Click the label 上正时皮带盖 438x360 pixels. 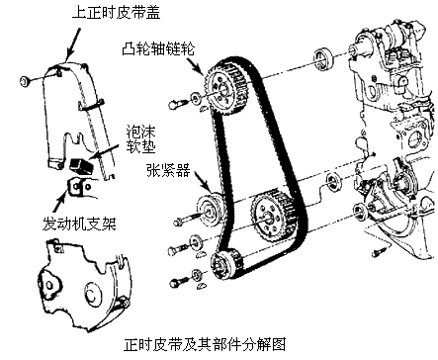(116, 13)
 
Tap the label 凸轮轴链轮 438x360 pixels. (158, 48)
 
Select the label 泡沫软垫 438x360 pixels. (140, 139)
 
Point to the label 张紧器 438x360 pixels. (168, 170)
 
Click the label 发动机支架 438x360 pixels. (80, 224)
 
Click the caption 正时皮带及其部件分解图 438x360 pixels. (205, 344)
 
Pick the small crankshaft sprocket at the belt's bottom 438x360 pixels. (226, 265)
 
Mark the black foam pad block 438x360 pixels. (81, 165)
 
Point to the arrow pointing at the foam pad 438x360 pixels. (106, 151)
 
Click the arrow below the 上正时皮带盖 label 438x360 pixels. (73, 44)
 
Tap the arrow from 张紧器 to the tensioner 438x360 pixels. (203, 181)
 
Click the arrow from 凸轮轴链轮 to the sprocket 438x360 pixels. (195, 66)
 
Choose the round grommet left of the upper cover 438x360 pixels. (26, 81)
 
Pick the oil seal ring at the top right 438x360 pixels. (322, 58)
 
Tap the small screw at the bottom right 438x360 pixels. (378, 252)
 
